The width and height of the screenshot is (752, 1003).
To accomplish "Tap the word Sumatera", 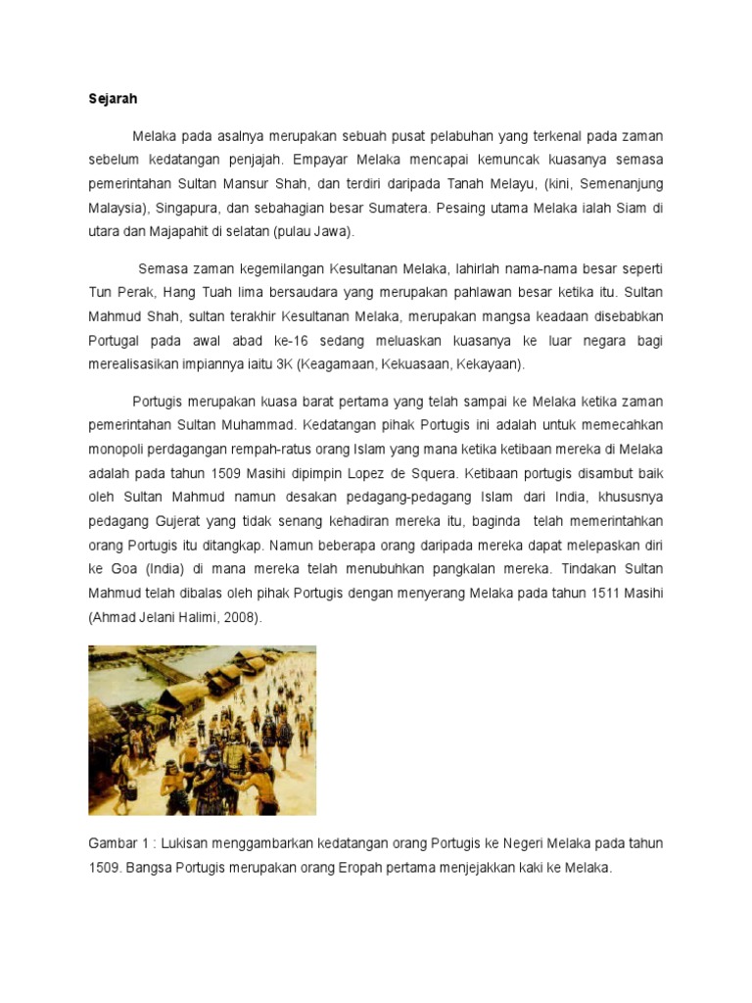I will point(396,207).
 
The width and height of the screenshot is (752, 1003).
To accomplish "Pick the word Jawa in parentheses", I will point(331,232).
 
